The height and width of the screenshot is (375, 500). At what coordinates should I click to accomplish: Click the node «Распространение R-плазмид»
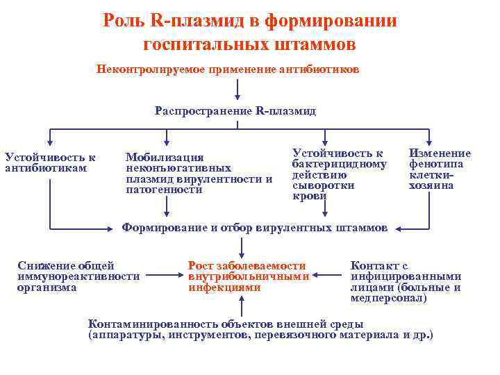[235, 111]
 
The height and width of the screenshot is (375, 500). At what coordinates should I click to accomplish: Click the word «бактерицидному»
[340, 164]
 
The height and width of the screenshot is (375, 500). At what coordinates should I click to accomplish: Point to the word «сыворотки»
[323, 185]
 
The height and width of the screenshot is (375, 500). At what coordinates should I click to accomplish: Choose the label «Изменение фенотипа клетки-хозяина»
[440, 169]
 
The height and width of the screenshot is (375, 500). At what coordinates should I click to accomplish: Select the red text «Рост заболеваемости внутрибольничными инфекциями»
[248, 276]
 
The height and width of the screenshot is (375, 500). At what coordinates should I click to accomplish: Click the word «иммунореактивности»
[78, 276]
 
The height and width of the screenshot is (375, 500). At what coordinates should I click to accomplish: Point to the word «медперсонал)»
[388, 299]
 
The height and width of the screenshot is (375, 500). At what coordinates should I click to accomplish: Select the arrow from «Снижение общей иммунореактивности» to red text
[159, 276]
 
